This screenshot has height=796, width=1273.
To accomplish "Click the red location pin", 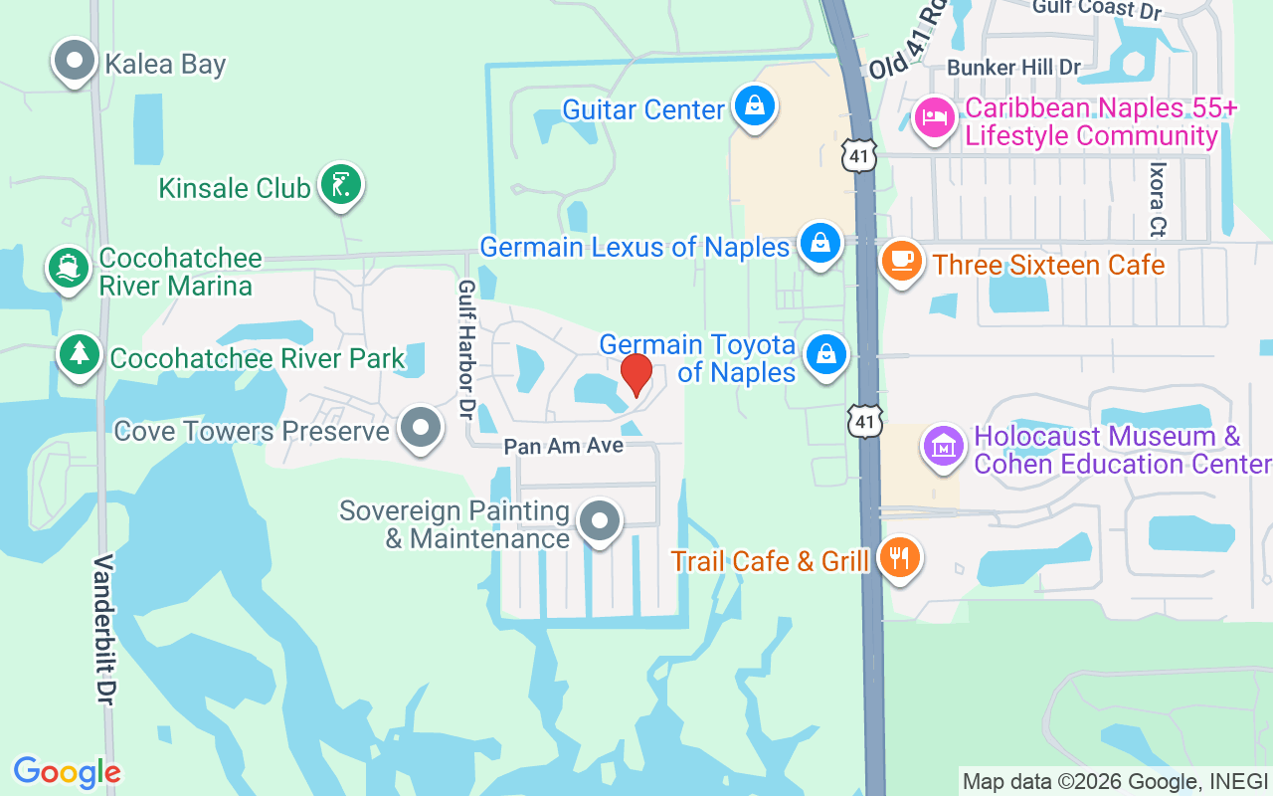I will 636,375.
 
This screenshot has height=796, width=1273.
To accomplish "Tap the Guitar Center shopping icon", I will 755,105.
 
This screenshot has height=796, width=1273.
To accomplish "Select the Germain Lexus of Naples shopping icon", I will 820,243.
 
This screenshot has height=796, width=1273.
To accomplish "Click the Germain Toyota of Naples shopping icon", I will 825,353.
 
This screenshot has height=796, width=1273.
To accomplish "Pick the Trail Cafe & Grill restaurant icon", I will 900,556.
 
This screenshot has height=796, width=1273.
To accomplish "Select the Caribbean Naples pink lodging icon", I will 935,117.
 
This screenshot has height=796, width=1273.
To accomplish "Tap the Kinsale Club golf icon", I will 341,184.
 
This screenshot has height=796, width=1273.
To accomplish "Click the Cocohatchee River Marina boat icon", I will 69,268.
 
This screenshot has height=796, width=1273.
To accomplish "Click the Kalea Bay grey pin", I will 74,61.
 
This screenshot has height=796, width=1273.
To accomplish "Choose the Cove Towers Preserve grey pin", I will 421,428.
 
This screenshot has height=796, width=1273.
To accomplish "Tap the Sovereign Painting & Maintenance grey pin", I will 600,520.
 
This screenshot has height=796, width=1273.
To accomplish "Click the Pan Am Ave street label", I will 563,446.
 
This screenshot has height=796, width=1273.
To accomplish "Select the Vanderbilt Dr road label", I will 103,630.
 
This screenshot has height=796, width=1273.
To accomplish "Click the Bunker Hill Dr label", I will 1013,68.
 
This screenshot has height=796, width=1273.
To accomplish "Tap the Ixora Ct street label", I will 1157,199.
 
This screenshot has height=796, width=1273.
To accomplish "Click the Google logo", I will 67,772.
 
